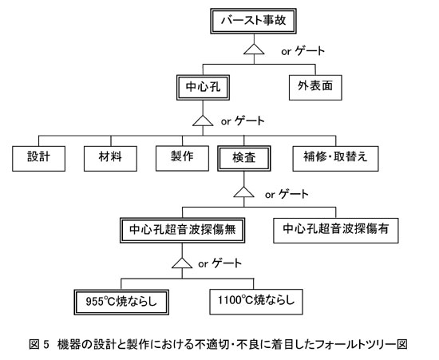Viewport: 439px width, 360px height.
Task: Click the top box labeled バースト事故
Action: (x=253, y=21)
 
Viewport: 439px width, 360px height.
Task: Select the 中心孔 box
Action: (x=203, y=87)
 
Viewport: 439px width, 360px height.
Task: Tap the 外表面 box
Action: (x=315, y=87)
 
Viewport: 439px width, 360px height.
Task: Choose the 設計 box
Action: (x=38, y=158)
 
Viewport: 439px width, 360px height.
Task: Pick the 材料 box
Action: (x=110, y=158)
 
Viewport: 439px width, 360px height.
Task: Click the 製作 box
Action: (x=182, y=158)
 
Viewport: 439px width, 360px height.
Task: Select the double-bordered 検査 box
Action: (x=244, y=158)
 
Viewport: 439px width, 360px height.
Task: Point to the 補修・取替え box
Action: (x=336, y=158)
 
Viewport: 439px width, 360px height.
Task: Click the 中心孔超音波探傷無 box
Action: (x=182, y=230)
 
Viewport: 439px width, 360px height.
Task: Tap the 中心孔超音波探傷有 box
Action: (x=336, y=231)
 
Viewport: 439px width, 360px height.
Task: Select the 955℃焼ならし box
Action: (x=121, y=302)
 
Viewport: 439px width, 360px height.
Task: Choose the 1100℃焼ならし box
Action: (x=256, y=302)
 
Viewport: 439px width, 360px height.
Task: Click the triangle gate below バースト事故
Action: (x=254, y=49)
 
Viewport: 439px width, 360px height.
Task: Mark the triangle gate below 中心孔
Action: (x=203, y=121)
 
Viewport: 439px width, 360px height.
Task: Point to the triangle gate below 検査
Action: (x=244, y=192)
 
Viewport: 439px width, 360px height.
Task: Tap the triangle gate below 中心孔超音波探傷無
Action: (x=182, y=263)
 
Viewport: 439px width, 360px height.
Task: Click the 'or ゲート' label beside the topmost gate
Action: (x=303, y=51)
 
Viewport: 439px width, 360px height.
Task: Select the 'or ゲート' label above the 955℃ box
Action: (x=219, y=263)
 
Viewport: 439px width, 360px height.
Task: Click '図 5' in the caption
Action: (x=39, y=344)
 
